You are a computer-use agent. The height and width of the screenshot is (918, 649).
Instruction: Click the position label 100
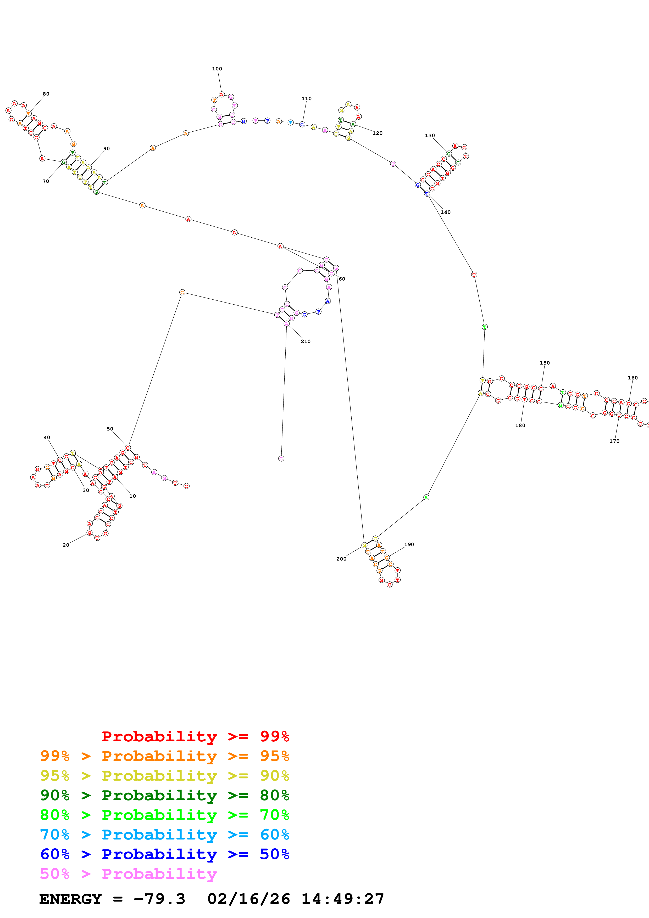(x=217, y=69)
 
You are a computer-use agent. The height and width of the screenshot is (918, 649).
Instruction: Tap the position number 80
(x=46, y=94)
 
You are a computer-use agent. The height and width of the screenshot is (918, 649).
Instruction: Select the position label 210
(x=306, y=342)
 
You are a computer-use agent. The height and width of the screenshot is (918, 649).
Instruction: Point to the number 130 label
(x=429, y=136)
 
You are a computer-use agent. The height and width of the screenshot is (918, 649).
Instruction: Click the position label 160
(x=632, y=378)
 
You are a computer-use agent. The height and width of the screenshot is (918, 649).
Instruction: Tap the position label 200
(x=341, y=559)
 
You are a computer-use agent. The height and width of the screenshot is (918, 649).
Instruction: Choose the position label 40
(x=47, y=437)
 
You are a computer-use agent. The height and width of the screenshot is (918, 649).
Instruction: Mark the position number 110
(x=306, y=99)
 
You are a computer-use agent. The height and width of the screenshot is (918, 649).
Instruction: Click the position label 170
(x=614, y=441)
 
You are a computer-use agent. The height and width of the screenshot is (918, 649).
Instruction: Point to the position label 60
(x=342, y=279)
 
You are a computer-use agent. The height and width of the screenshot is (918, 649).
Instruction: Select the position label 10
(x=132, y=496)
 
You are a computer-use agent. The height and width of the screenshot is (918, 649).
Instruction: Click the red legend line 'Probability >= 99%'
(x=195, y=736)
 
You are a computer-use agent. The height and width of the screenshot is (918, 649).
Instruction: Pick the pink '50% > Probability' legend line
(x=128, y=874)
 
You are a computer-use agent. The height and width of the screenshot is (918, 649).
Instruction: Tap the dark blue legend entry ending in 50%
(x=164, y=854)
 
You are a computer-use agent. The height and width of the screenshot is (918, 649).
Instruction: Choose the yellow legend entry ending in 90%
(x=164, y=776)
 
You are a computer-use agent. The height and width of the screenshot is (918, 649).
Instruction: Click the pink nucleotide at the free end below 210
(x=281, y=458)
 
